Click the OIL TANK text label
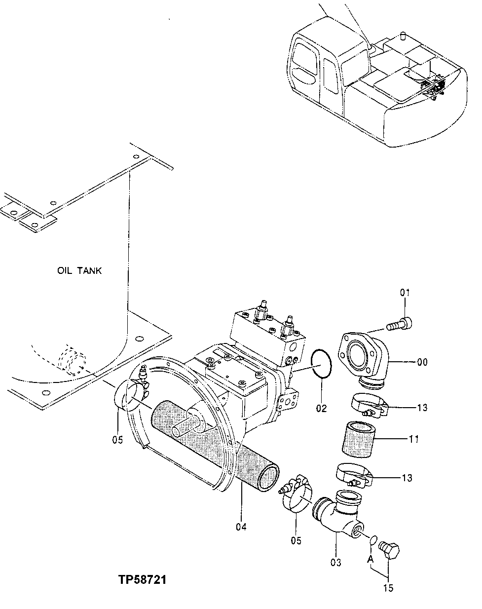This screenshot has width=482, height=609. coord(79,270)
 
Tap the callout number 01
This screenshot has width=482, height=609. coord(405,293)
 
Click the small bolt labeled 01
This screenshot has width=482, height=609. coord(400,325)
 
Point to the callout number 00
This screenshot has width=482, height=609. coord(422,362)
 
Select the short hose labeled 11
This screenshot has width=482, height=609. coord(359,438)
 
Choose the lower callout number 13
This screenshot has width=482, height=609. coord(421,478)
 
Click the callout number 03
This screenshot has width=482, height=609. coord(336,563)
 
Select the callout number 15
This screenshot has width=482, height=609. coord(388,588)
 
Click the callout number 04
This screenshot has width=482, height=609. coord(241,527)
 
